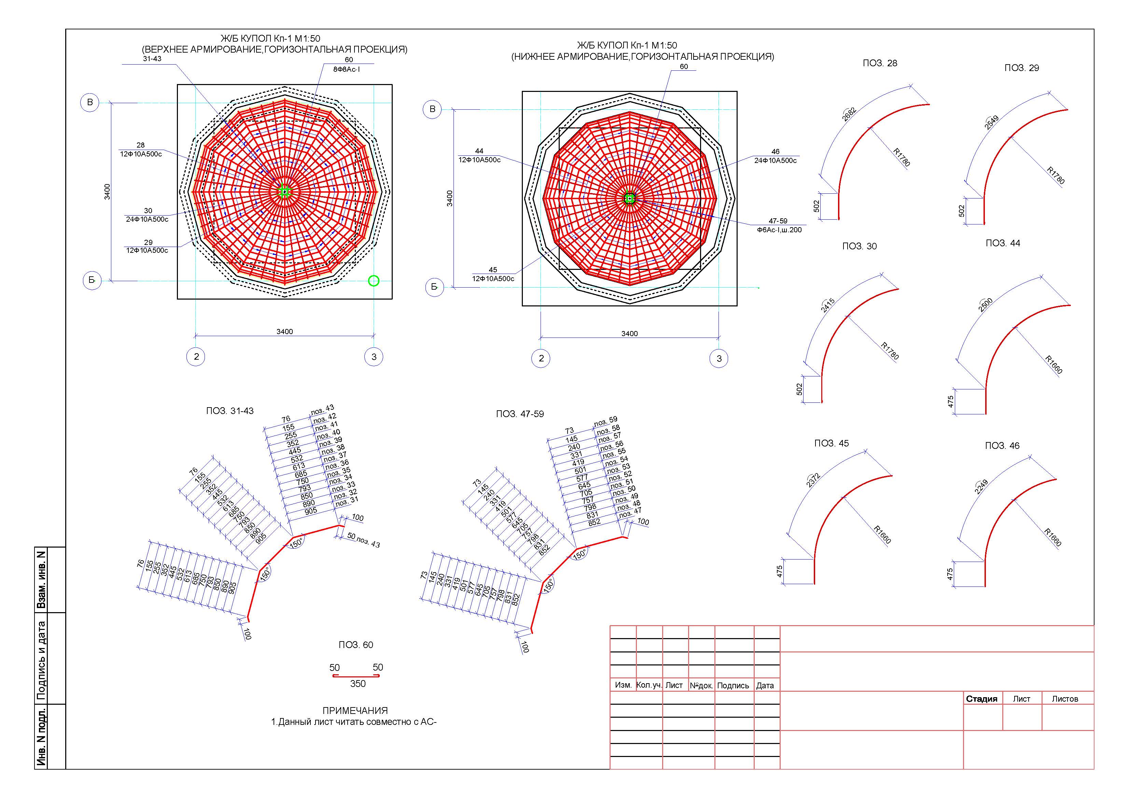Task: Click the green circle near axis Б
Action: pos(374,281)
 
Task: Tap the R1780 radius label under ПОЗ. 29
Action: pos(1056,175)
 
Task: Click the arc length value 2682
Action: pos(850,114)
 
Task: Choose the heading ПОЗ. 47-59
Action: pos(520,414)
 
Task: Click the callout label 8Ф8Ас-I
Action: pos(347,69)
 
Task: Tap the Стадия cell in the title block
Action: pos(981,699)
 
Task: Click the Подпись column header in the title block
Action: pos(733,685)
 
